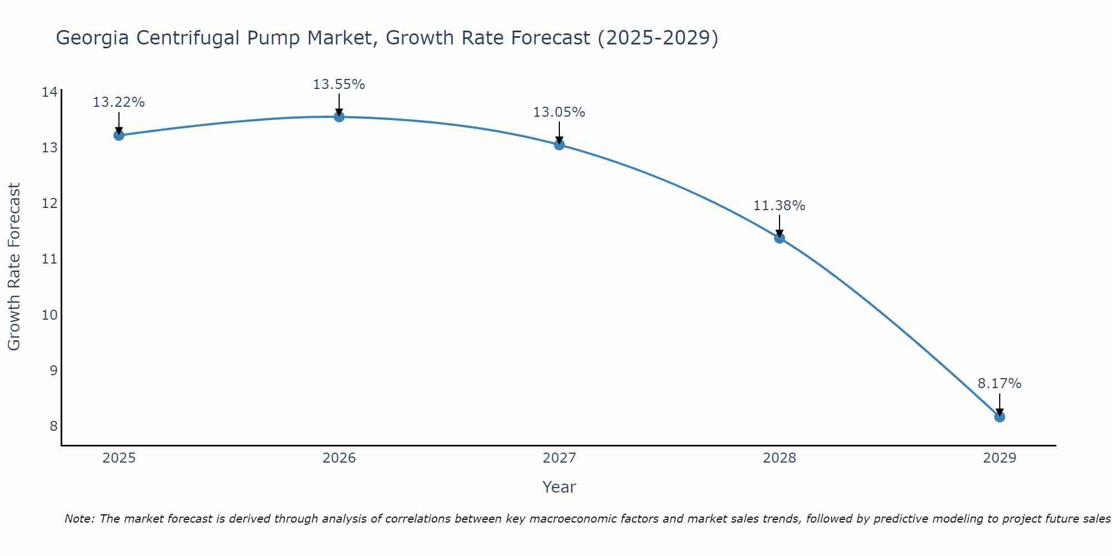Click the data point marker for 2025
tap(118, 135)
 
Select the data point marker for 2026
tap(339, 117)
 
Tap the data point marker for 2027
tap(559, 145)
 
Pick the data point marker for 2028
tap(780, 238)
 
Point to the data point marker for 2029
tap(1000, 416)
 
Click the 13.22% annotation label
tap(118, 102)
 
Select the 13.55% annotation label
tap(339, 85)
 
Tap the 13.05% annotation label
tap(559, 112)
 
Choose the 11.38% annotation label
tap(780, 206)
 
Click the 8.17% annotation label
tap(1000, 384)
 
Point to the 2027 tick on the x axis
tap(559, 458)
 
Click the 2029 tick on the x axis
tap(1000, 458)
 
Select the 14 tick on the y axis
tap(49, 92)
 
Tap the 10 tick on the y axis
tap(49, 315)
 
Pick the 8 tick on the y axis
tap(53, 426)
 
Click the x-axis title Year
tap(559, 487)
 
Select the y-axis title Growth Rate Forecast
tap(14, 267)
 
